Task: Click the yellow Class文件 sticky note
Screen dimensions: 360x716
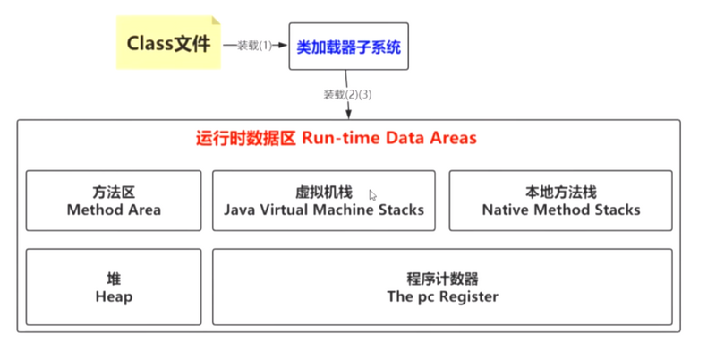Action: click(x=168, y=42)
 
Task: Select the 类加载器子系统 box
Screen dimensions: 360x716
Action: click(x=347, y=47)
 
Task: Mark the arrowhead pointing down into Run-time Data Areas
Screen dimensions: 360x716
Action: click(x=347, y=113)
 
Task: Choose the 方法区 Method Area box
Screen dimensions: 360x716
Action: click(x=114, y=201)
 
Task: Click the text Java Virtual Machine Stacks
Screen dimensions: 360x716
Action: click(x=323, y=210)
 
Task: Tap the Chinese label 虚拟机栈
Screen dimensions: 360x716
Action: click(x=323, y=193)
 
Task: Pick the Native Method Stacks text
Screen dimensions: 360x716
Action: click(x=561, y=210)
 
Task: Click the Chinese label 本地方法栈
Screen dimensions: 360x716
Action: click(x=561, y=193)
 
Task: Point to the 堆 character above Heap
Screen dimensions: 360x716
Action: click(x=114, y=278)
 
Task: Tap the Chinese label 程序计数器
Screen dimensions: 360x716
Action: click(x=442, y=278)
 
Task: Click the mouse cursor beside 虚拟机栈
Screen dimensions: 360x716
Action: click(x=372, y=194)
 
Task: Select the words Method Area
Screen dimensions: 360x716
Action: click(x=114, y=210)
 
